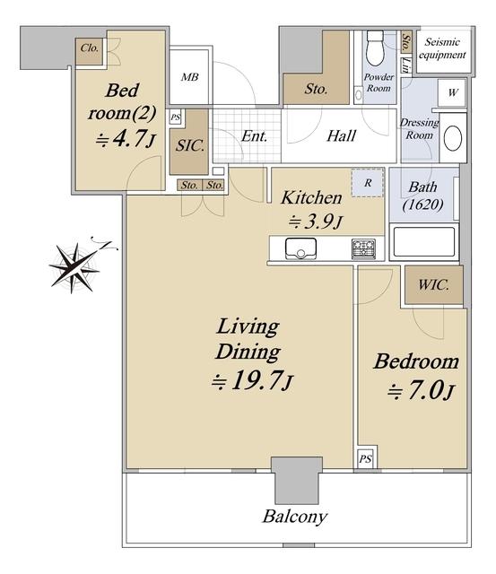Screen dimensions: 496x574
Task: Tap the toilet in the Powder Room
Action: point(375,48)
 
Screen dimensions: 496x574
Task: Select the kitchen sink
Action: point(300,248)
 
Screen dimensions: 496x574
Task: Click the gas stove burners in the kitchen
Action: point(363,248)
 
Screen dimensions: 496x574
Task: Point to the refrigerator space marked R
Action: point(368,182)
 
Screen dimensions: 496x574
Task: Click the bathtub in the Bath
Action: point(424,241)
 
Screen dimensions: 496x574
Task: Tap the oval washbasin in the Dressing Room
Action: point(453,138)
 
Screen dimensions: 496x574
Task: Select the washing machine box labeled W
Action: point(452,93)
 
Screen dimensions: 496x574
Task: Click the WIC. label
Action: point(433,284)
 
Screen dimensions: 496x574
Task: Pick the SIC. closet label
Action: point(189,145)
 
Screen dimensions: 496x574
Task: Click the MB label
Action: point(189,77)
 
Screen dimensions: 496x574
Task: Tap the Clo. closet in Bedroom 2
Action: point(89,51)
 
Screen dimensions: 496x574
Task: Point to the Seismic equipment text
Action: point(442,48)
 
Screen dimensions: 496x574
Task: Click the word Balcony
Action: point(295,517)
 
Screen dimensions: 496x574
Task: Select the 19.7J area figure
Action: point(253,381)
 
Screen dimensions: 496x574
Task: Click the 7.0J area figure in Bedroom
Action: point(421,391)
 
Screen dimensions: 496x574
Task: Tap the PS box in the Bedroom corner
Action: point(365,458)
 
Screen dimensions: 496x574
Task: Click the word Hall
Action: point(341,135)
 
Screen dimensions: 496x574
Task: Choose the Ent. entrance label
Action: point(254,136)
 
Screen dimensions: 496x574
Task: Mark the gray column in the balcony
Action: point(297,480)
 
